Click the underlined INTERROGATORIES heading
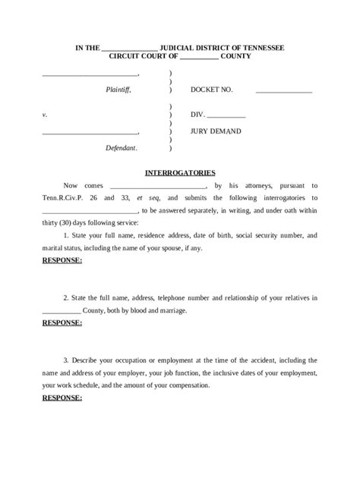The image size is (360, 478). (181, 173)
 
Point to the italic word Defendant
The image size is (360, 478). (122, 147)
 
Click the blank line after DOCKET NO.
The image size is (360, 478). (284, 91)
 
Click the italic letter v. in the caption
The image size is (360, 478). (45, 116)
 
